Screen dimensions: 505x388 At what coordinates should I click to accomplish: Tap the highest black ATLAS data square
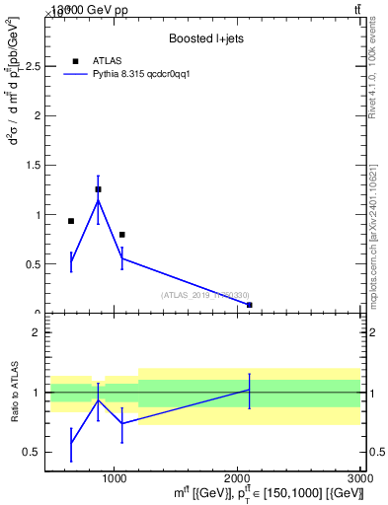(x=98, y=189)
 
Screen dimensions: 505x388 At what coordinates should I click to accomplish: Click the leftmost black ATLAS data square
(x=71, y=221)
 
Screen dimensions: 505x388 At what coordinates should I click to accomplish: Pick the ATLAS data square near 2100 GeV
(x=250, y=305)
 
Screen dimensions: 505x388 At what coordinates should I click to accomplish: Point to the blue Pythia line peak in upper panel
(x=98, y=200)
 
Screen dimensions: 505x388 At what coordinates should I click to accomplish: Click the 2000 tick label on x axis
(x=238, y=479)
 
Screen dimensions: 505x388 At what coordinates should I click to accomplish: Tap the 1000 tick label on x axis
(x=115, y=479)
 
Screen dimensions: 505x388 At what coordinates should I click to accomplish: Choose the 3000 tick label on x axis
(x=359, y=479)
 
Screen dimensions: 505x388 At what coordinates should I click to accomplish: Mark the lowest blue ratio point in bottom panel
(x=71, y=443)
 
